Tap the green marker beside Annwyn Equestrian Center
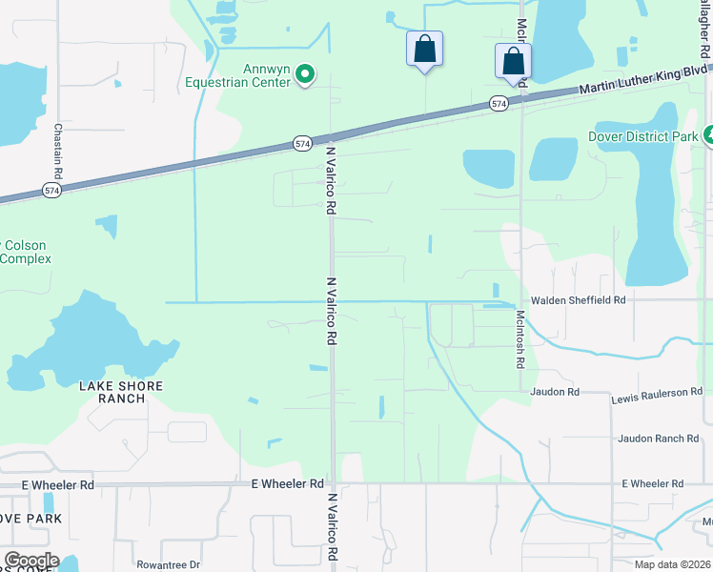(305, 73)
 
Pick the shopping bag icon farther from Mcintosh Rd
(424, 49)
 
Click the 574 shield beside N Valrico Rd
(302, 144)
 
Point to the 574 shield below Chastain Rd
(51, 191)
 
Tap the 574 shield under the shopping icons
(499, 103)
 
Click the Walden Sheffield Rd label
(578, 299)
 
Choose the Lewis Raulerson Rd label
(657, 393)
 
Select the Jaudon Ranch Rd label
(658, 439)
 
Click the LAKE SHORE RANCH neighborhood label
(121, 392)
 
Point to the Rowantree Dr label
(168, 564)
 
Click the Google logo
(31, 561)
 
